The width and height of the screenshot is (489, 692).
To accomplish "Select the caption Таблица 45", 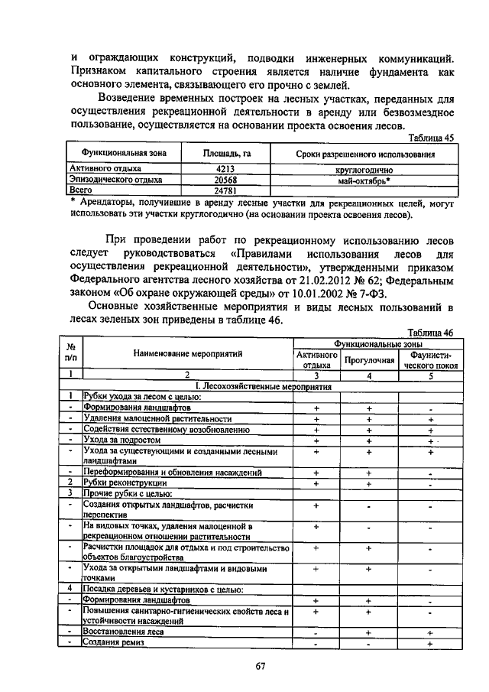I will tap(432, 137).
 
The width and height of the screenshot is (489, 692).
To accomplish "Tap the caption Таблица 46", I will tap(432, 333).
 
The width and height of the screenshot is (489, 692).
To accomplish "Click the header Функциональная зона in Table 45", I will tap(115, 154).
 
